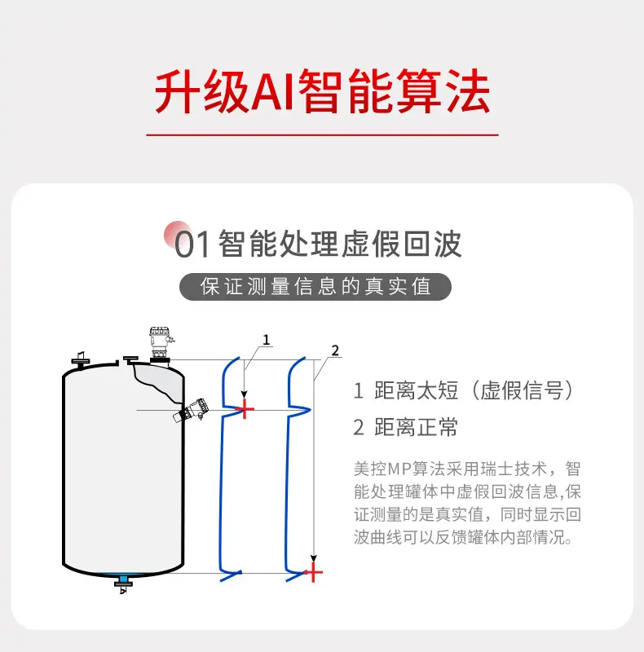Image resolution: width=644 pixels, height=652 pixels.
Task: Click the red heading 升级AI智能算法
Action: (x=322, y=91)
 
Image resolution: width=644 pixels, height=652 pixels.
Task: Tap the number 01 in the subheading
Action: (x=192, y=245)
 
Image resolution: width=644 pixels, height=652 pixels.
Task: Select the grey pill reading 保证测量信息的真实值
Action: (x=315, y=287)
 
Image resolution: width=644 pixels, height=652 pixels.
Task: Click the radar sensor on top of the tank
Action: (x=160, y=345)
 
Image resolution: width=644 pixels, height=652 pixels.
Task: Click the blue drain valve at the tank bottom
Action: (x=123, y=582)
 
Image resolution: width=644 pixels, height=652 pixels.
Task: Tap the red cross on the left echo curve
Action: (x=245, y=409)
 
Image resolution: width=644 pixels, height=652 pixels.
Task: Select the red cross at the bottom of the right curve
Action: (x=313, y=573)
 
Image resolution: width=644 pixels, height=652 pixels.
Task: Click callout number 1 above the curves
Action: (x=267, y=340)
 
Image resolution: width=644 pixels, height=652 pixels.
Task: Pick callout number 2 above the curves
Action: (x=335, y=350)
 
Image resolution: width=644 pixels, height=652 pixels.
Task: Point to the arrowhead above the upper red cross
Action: (x=245, y=394)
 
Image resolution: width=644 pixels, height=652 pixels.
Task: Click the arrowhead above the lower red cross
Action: (x=314, y=558)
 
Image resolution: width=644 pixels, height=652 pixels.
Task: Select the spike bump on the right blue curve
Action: (x=300, y=410)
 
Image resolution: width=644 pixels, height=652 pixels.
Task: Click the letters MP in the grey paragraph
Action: (x=399, y=469)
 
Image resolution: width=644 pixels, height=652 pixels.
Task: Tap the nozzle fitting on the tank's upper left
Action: (x=81, y=360)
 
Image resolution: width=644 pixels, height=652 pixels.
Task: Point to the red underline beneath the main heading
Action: (x=323, y=134)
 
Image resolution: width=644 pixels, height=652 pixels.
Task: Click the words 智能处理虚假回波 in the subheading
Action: (x=340, y=244)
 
